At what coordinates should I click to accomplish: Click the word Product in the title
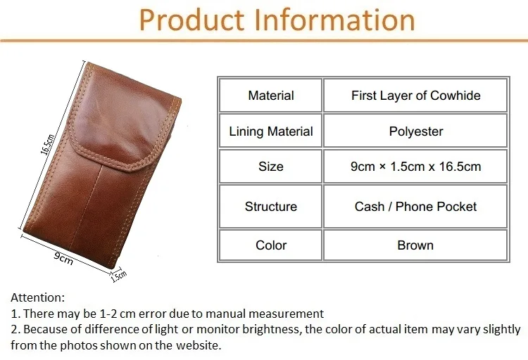click(191, 20)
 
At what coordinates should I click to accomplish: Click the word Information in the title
click(334, 20)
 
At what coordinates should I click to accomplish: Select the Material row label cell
click(271, 95)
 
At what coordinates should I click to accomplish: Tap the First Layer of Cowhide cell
click(415, 95)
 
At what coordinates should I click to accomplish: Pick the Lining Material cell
click(271, 131)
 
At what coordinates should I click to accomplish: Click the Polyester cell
click(415, 131)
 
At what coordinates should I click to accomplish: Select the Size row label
click(271, 167)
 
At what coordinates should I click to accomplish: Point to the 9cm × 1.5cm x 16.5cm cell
click(415, 167)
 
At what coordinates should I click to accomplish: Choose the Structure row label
click(271, 207)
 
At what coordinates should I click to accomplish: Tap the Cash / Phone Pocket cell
click(415, 207)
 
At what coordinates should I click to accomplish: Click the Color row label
click(271, 245)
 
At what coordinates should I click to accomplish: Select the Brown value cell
click(415, 245)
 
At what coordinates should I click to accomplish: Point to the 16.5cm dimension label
click(47, 145)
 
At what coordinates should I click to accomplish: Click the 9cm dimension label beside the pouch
click(63, 258)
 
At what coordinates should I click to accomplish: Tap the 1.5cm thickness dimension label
click(118, 276)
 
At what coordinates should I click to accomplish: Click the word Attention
click(37, 297)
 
